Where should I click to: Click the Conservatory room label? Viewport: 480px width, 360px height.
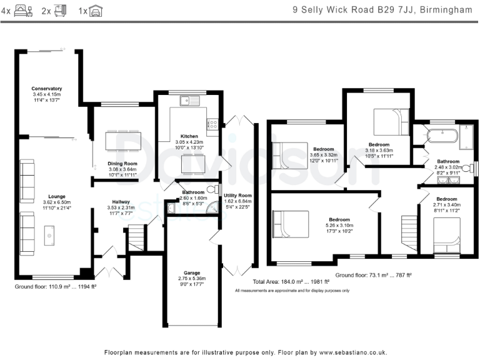(46, 89)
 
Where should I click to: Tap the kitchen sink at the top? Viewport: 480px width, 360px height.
(190, 101)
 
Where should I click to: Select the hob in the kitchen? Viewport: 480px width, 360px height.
(212, 124)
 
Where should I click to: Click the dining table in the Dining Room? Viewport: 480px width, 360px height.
(123, 141)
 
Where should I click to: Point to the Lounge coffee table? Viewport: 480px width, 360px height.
(49, 236)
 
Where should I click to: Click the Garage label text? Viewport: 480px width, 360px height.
(192, 272)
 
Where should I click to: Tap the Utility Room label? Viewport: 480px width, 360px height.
(237, 195)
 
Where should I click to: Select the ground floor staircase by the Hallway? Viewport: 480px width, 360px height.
(136, 237)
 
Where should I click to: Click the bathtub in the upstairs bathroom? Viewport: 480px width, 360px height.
(442, 136)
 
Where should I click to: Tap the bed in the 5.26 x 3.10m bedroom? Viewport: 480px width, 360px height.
(291, 224)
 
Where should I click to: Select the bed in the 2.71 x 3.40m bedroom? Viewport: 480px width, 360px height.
(447, 235)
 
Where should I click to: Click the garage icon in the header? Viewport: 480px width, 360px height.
(96, 11)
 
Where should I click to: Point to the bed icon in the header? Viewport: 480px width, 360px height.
(23, 11)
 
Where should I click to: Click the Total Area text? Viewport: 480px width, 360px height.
(291, 282)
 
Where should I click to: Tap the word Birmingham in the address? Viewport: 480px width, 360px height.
(446, 10)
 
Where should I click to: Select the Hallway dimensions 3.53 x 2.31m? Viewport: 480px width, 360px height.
(121, 207)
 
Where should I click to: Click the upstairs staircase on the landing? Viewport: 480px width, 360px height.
(409, 233)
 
